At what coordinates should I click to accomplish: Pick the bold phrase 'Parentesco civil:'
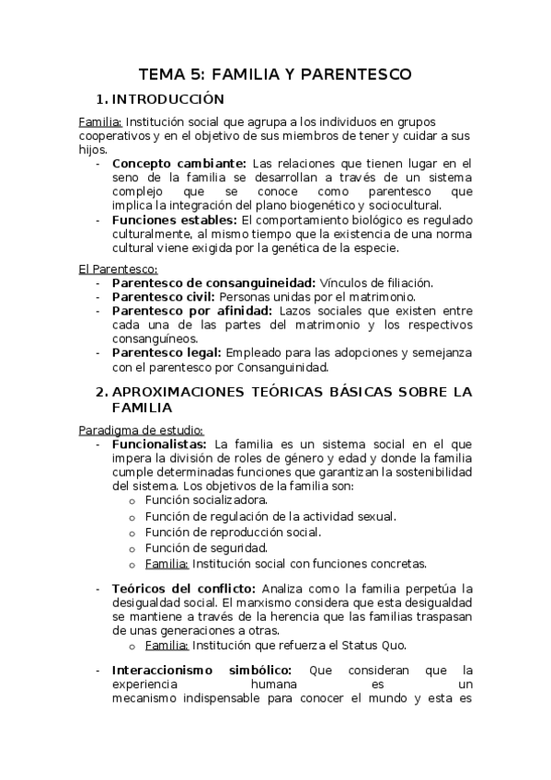tap(164, 297)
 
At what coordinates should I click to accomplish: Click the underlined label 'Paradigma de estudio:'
tap(141, 430)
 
